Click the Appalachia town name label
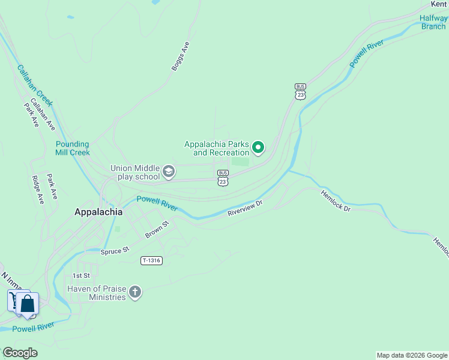[98, 212]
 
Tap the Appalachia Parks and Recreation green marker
[259, 147]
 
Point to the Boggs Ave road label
[180, 56]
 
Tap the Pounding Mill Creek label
[73, 148]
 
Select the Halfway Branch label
[433, 22]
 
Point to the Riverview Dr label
[245, 208]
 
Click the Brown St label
[157, 229]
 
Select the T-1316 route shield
[151, 260]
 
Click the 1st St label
[80, 275]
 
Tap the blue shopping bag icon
[28, 304]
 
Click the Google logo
[20, 353]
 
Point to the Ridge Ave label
[38, 190]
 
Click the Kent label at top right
[439, 4]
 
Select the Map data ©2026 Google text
[412, 355]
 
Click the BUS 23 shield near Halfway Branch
[301, 91]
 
